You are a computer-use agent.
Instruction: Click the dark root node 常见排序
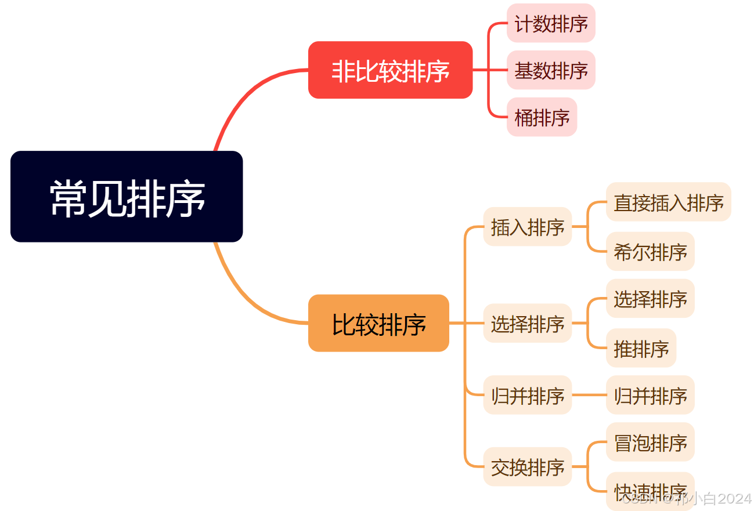127,197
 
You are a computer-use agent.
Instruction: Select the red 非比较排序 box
390,70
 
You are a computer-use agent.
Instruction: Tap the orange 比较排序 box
378,323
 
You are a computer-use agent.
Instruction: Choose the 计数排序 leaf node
551,23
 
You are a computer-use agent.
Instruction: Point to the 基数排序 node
551,70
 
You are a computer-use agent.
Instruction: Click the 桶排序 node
542,117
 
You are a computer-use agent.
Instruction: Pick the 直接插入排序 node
668,202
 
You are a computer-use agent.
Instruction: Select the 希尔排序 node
650,251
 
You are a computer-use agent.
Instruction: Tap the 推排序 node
641,348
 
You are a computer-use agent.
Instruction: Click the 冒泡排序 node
650,442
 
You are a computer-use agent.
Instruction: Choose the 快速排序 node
650,490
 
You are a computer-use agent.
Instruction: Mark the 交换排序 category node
528,466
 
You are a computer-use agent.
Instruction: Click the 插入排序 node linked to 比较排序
528,227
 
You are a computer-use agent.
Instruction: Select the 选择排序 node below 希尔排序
650,299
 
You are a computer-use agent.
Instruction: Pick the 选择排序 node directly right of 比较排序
528,323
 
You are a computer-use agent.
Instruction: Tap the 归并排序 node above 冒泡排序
650,395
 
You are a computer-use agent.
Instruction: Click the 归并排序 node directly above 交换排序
528,395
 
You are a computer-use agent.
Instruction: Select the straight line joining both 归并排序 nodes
589,395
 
